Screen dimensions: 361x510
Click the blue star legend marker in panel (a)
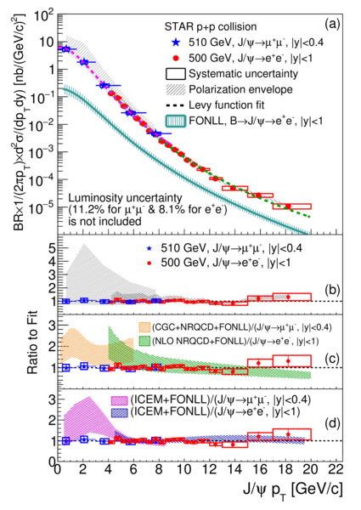tap(176, 42)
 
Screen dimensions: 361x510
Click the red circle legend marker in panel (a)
tap(176, 59)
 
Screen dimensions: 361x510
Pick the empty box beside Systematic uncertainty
tap(176, 74)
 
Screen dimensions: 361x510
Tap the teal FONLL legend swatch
tap(176, 122)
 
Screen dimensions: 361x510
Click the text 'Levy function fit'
tap(227, 105)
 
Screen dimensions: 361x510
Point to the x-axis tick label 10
tap(183, 469)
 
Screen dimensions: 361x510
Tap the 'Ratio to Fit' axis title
tap(32, 343)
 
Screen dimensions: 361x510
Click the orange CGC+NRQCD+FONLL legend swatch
tap(144, 327)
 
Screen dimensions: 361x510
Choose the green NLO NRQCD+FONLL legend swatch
tap(144, 341)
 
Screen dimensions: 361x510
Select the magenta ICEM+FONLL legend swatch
tap(120, 399)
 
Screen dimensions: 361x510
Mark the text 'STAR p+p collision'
tap(211, 26)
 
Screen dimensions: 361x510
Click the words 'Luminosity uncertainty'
tap(125, 198)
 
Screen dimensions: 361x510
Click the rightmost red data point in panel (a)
tap(288, 207)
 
